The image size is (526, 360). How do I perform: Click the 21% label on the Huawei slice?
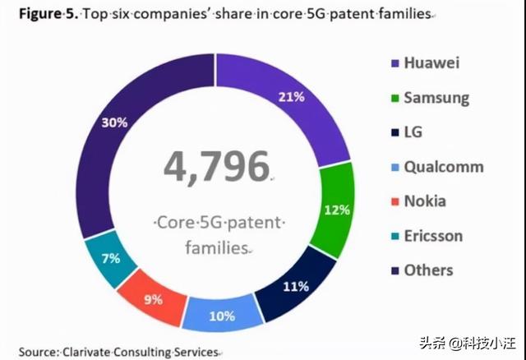[x=291, y=97]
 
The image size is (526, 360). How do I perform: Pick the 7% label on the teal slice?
[x=109, y=258]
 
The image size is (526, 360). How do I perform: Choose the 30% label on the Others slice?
[x=113, y=122]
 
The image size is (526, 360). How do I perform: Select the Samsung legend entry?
[x=436, y=97]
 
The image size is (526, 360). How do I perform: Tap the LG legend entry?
[x=414, y=132]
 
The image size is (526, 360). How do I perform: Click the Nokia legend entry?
[x=426, y=201]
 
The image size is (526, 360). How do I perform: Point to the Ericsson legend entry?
[x=433, y=236]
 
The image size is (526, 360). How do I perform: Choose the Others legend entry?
[x=428, y=270]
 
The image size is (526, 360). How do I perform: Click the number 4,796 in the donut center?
[x=217, y=168]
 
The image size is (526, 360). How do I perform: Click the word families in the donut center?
[x=216, y=247]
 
